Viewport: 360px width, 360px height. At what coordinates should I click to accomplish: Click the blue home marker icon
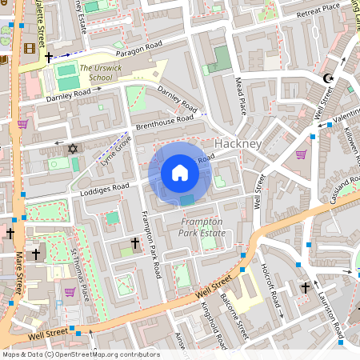coord(180,173)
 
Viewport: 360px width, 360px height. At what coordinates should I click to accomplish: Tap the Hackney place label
coord(238,144)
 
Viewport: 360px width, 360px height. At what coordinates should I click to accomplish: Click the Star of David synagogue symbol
coord(72,149)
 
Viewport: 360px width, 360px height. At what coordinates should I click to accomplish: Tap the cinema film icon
coord(30,49)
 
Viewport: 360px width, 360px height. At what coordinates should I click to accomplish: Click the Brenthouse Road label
coord(164,121)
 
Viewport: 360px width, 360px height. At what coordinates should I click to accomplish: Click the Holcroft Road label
coord(272,286)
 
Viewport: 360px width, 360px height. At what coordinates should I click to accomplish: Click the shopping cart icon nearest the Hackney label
coord(301,154)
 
